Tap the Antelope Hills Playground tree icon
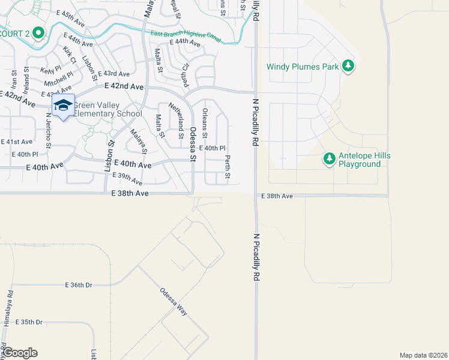coord(329,159)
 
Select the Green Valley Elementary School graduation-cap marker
coord(63,106)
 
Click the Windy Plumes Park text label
coord(303,67)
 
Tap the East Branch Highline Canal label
coord(185,37)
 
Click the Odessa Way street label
coord(173,304)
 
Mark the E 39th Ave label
coord(128,179)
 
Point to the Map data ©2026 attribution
coord(424,355)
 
